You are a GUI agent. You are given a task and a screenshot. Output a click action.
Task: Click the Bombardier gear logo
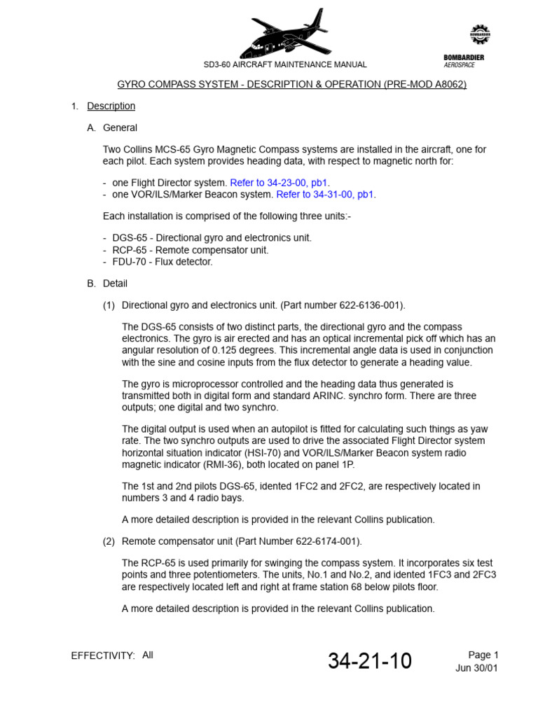click(480, 34)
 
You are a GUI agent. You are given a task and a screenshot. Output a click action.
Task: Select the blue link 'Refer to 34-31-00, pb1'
click(326, 195)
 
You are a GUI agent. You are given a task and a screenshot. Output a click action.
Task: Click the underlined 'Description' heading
click(111, 106)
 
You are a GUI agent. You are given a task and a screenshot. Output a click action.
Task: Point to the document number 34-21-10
click(370, 661)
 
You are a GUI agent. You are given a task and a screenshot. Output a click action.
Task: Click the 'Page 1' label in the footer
click(483, 655)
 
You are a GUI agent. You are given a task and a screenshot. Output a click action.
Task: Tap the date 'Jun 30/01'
click(477, 668)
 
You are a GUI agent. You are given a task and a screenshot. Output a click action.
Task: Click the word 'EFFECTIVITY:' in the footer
click(103, 656)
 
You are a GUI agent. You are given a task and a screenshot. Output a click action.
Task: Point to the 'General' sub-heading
click(120, 127)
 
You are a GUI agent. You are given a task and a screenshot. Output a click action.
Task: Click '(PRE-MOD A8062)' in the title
click(425, 85)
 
